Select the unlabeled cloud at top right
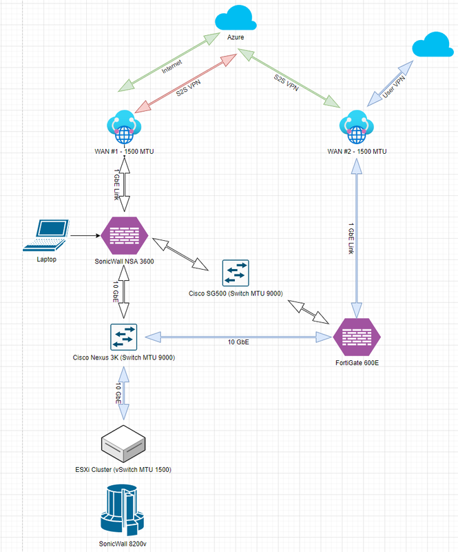pos(433,46)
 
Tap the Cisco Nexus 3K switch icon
pos(125,337)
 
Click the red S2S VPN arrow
pos(186,86)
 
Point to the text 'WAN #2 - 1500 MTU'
pos(356,152)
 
